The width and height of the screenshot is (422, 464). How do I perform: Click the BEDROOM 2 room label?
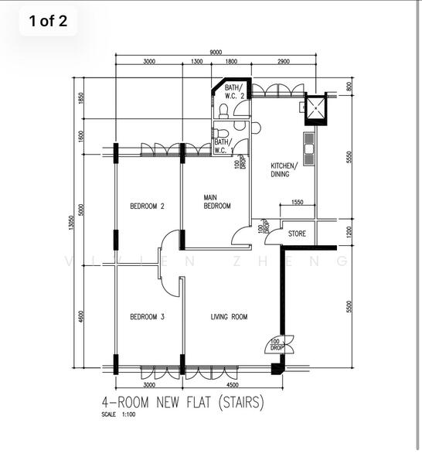147,206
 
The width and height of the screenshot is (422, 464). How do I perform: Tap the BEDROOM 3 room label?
147,316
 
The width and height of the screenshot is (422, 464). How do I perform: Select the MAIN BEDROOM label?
217,202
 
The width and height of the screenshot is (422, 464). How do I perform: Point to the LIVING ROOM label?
229,316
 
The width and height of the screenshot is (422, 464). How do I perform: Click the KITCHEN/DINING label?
280,170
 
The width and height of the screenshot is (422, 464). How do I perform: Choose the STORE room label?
297,234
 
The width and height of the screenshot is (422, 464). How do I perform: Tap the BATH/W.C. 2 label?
234,91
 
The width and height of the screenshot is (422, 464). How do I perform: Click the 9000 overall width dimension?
214,52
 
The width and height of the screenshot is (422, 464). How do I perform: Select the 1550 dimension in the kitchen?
298,203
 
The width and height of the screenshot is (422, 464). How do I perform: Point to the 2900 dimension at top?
283,61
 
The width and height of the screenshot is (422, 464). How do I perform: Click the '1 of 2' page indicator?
48,21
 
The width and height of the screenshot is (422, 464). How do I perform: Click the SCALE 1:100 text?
118,415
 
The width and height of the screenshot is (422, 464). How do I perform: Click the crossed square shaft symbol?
316,109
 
